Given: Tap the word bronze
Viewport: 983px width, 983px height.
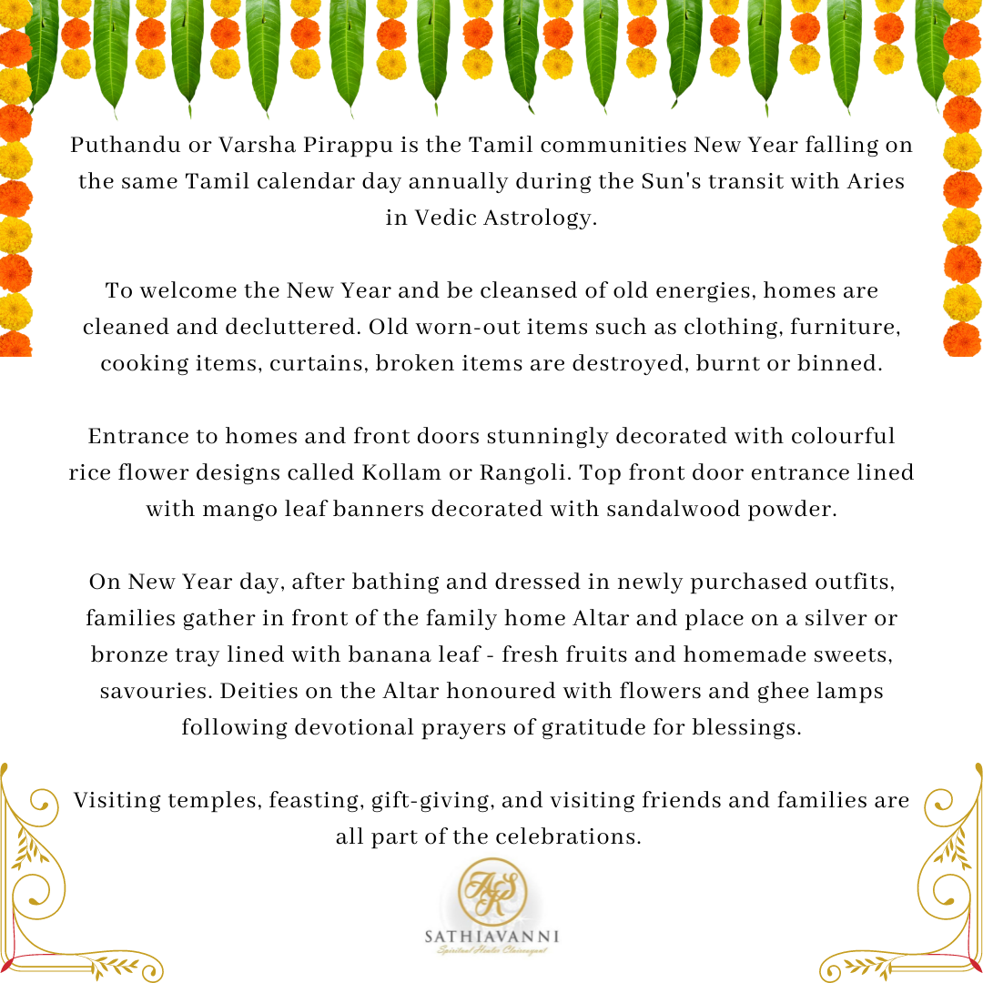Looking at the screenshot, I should coord(126,655).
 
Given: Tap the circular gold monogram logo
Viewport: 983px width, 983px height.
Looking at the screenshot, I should coord(491,891).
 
